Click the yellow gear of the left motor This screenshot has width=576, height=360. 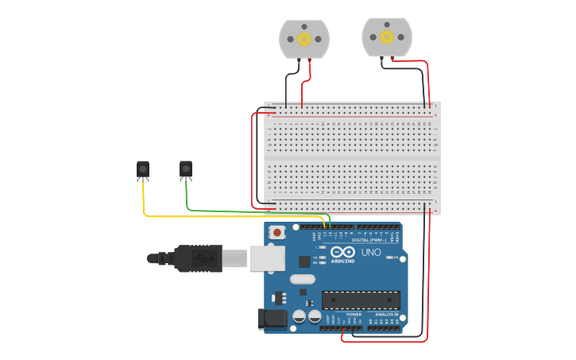tap(304, 39)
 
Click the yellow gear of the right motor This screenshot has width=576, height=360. tap(387, 37)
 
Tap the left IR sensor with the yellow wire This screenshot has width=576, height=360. tap(143, 168)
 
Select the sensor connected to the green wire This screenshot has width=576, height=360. tap(186, 168)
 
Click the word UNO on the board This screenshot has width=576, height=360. tap(371, 253)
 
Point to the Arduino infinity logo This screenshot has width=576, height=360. tap(343, 252)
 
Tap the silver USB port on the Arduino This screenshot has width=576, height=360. tap(267, 257)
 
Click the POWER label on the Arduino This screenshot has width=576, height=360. tap(353, 315)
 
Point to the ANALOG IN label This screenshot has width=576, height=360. tap(386, 315)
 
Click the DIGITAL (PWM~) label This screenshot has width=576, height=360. tap(369, 238)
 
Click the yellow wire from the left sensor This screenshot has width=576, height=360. tap(230, 215)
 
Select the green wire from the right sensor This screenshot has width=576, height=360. tap(238, 211)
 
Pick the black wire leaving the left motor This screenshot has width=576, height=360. tap(286, 91)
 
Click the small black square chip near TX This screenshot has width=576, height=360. tap(304, 261)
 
